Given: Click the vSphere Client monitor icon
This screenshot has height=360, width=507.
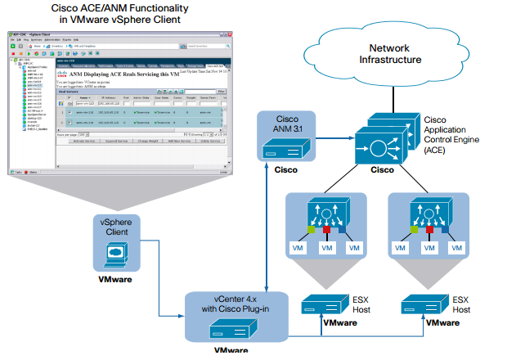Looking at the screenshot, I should click(115, 256).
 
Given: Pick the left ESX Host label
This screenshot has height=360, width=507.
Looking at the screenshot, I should click(360, 304).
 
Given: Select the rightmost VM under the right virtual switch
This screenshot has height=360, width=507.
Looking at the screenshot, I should click(460, 247).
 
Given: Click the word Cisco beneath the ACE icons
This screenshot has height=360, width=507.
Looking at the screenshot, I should click(382, 170).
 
